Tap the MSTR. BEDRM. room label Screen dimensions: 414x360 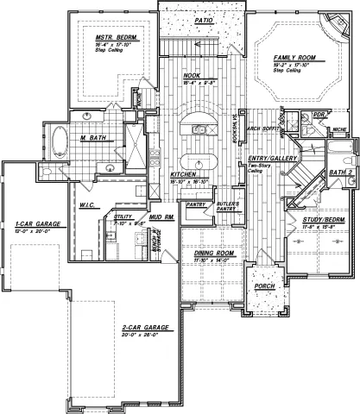point(111,37)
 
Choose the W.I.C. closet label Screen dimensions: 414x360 point(87,204)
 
